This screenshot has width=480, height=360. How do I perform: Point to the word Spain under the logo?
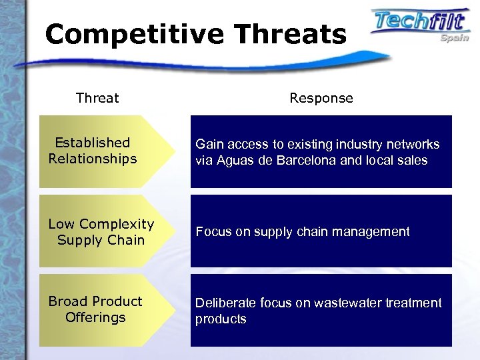454,38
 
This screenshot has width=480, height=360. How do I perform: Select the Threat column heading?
97,98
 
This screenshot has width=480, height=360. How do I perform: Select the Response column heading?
321,98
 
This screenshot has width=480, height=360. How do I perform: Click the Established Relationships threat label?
92,151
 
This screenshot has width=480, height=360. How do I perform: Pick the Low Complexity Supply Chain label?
101,231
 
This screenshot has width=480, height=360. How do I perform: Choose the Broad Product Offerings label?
95,309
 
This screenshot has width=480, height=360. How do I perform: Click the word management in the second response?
373,232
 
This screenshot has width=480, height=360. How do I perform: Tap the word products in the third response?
221,319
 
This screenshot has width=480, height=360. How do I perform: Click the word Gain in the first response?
208,144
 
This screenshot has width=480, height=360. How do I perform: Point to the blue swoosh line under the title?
200,62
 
